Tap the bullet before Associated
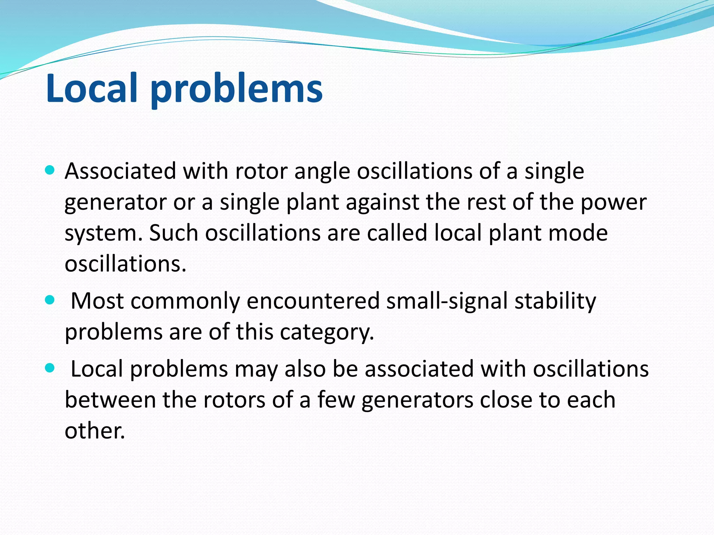50,170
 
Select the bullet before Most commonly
50,300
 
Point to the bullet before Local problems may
50,368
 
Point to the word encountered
313,301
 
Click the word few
336,400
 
